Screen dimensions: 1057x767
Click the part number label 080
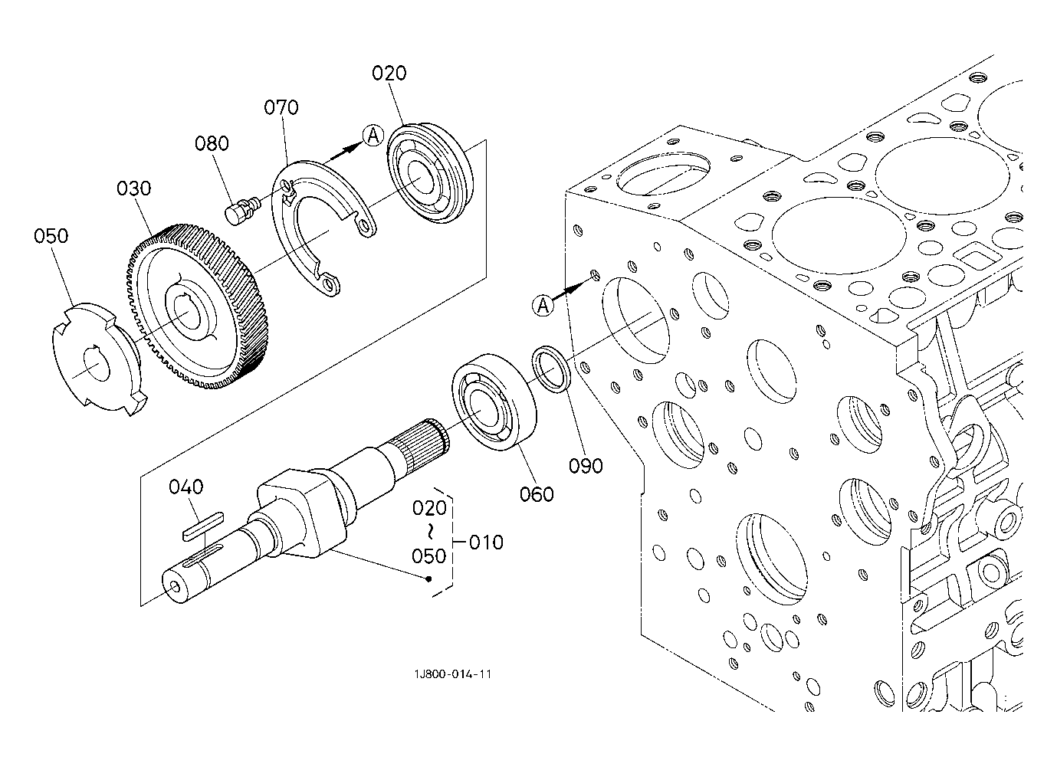pyautogui.click(x=212, y=143)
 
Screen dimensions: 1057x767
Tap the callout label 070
pyautogui.click(x=281, y=107)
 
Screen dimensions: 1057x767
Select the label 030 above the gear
pyautogui.click(x=134, y=188)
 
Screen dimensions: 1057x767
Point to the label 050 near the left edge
pyautogui.click(x=51, y=236)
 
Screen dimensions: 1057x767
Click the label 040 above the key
pyautogui.click(x=186, y=487)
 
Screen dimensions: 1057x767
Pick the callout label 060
pyautogui.click(x=537, y=494)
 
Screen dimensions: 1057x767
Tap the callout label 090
pyautogui.click(x=586, y=466)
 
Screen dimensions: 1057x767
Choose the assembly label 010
pyautogui.click(x=486, y=542)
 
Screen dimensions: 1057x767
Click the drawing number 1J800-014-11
pyautogui.click(x=453, y=674)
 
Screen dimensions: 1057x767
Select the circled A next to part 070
pyautogui.click(x=373, y=136)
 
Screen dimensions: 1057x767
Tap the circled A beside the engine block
pyautogui.click(x=543, y=306)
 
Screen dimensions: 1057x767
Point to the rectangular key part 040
pyautogui.click(x=203, y=526)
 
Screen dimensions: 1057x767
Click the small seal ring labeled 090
pyautogui.click(x=552, y=369)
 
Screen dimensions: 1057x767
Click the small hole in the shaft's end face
pyautogui.click(x=176, y=586)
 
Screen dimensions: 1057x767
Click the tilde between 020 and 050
pyautogui.click(x=430, y=532)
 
